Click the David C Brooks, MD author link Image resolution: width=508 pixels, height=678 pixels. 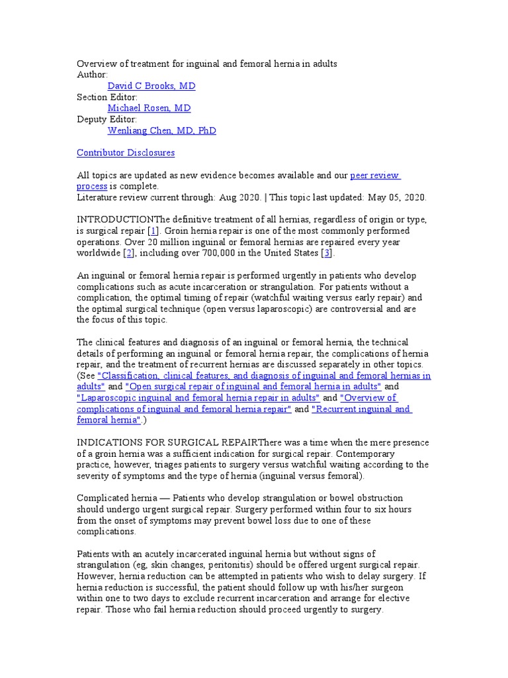click(x=151, y=86)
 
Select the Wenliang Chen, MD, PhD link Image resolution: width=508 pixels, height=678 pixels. click(x=161, y=130)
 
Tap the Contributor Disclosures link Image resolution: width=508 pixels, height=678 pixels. click(x=126, y=153)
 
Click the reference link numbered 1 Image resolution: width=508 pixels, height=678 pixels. click(x=153, y=231)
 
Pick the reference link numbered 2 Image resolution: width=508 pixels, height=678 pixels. click(x=129, y=254)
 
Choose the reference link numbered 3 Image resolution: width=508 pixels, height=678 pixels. click(x=326, y=254)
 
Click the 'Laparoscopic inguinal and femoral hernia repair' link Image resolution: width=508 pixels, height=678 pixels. click(x=198, y=398)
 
